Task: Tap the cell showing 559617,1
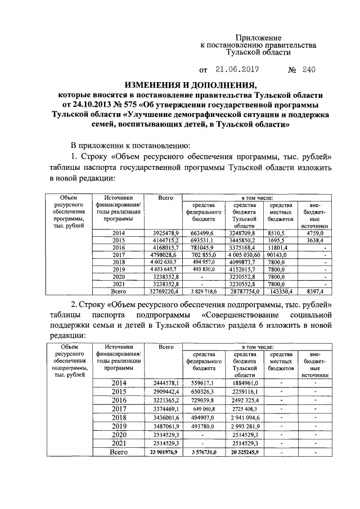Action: [202, 383]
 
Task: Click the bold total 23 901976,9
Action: [163, 452]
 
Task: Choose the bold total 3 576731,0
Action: [202, 452]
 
